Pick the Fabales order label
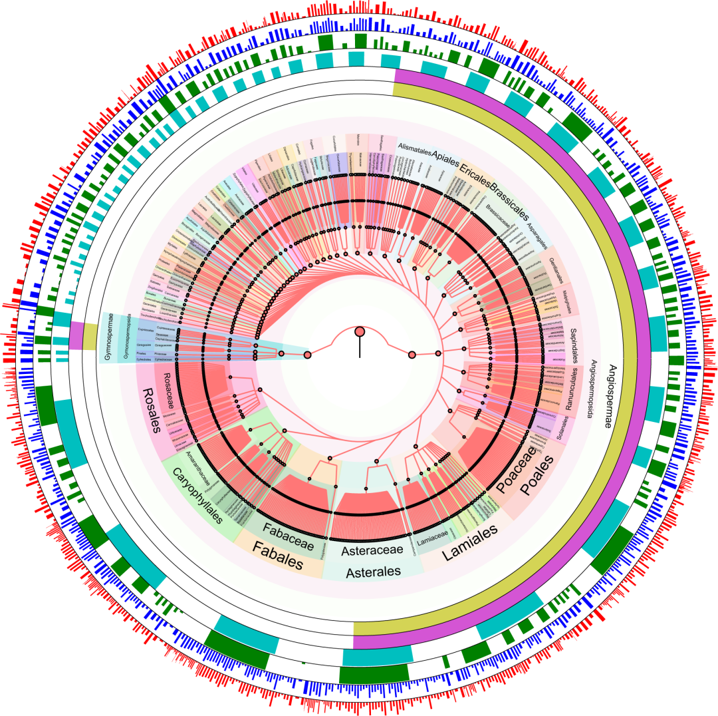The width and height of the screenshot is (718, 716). coord(279,556)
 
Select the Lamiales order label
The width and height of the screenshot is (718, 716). coord(470,542)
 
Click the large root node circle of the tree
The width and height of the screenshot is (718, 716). coord(360,331)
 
